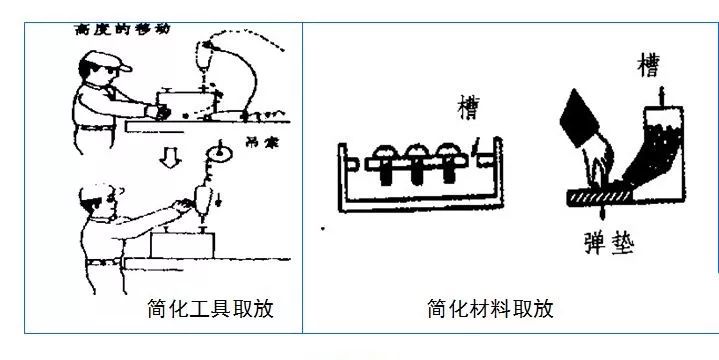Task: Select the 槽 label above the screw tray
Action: pyautogui.click(x=466, y=104)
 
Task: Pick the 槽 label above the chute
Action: pyautogui.click(x=648, y=68)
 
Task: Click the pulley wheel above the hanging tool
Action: pyautogui.click(x=213, y=153)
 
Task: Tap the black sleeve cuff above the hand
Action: pyautogui.click(x=580, y=116)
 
